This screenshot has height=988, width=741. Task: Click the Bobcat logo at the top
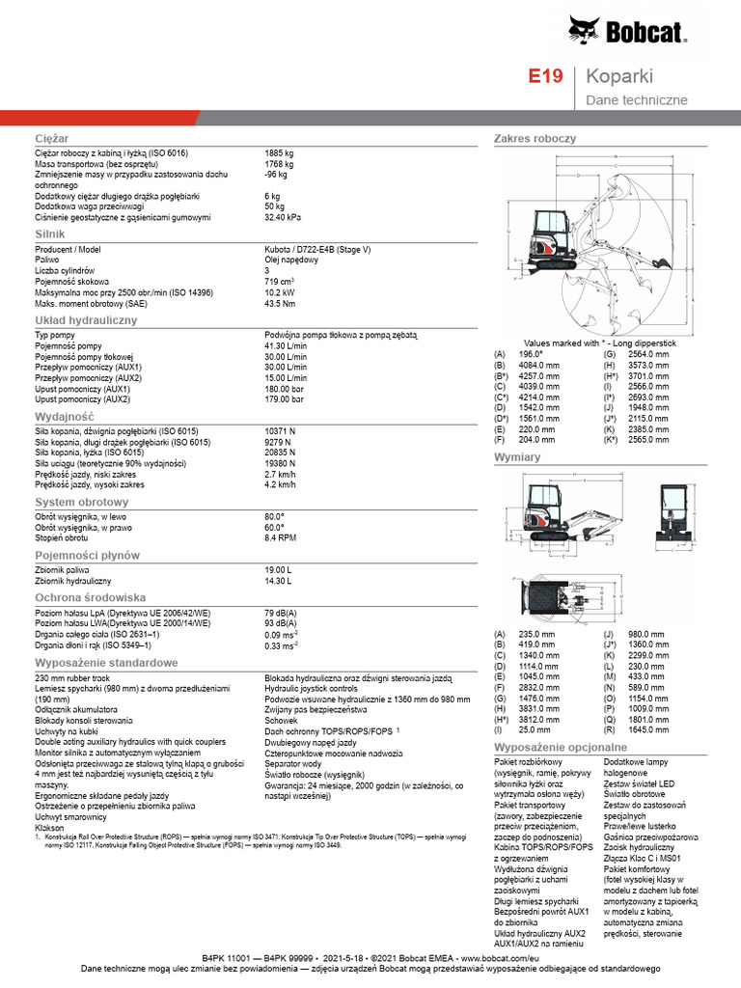tap(627, 33)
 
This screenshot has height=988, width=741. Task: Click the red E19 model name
tap(545, 76)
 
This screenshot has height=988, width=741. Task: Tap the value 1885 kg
tap(279, 153)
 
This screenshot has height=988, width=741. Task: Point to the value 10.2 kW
tap(281, 292)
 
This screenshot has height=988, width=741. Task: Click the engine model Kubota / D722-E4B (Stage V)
tap(317, 250)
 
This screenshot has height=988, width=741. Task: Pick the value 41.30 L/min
tap(286, 345)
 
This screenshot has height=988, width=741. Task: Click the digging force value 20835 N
tap(280, 453)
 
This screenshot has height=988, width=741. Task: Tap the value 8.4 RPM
tap(281, 537)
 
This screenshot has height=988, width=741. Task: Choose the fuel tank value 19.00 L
tap(278, 570)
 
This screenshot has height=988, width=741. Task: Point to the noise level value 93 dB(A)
tap(281, 623)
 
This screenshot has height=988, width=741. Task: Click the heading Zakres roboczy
tap(535, 139)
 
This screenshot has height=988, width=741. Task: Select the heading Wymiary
tap(516, 456)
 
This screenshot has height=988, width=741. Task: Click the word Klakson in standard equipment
tap(49, 828)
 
